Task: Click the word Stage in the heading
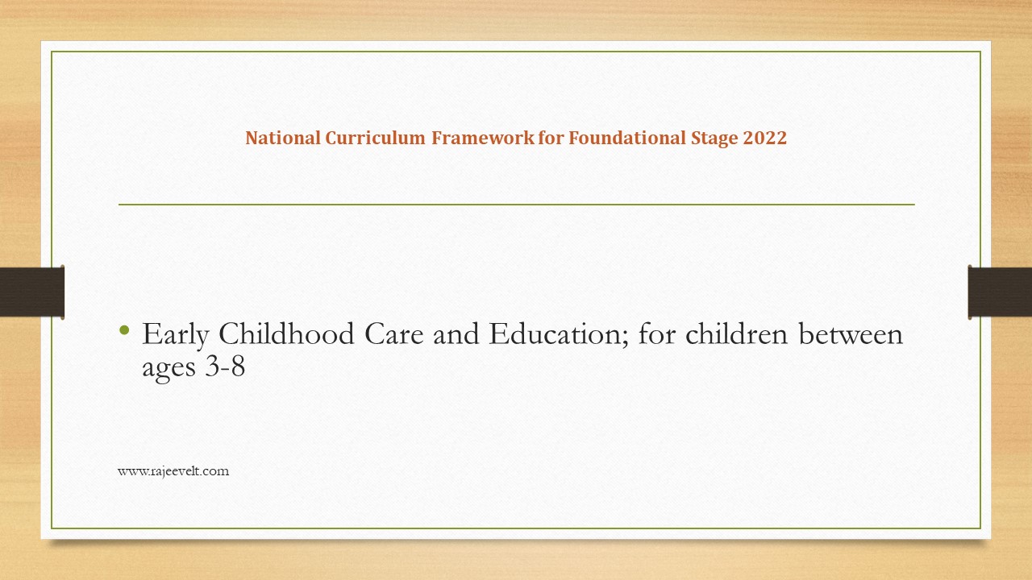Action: click(x=713, y=138)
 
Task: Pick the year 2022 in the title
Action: click(x=765, y=138)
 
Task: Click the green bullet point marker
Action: click(x=124, y=329)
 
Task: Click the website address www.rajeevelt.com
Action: click(x=173, y=471)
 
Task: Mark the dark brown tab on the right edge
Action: click(x=1000, y=291)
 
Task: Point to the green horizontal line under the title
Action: click(x=516, y=205)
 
